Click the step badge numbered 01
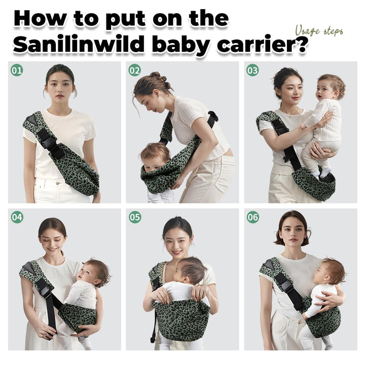click(x=17, y=70)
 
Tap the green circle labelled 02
click(x=135, y=70)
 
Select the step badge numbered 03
click(x=252, y=70)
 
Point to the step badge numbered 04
click(x=17, y=217)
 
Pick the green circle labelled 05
click(x=135, y=217)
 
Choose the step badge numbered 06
click(x=253, y=217)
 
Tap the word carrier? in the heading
click(x=262, y=44)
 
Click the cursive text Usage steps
click(x=319, y=31)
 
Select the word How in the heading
click(x=40, y=18)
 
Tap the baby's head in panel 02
click(x=155, y=156)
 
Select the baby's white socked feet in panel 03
click(x=322, y=172)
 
